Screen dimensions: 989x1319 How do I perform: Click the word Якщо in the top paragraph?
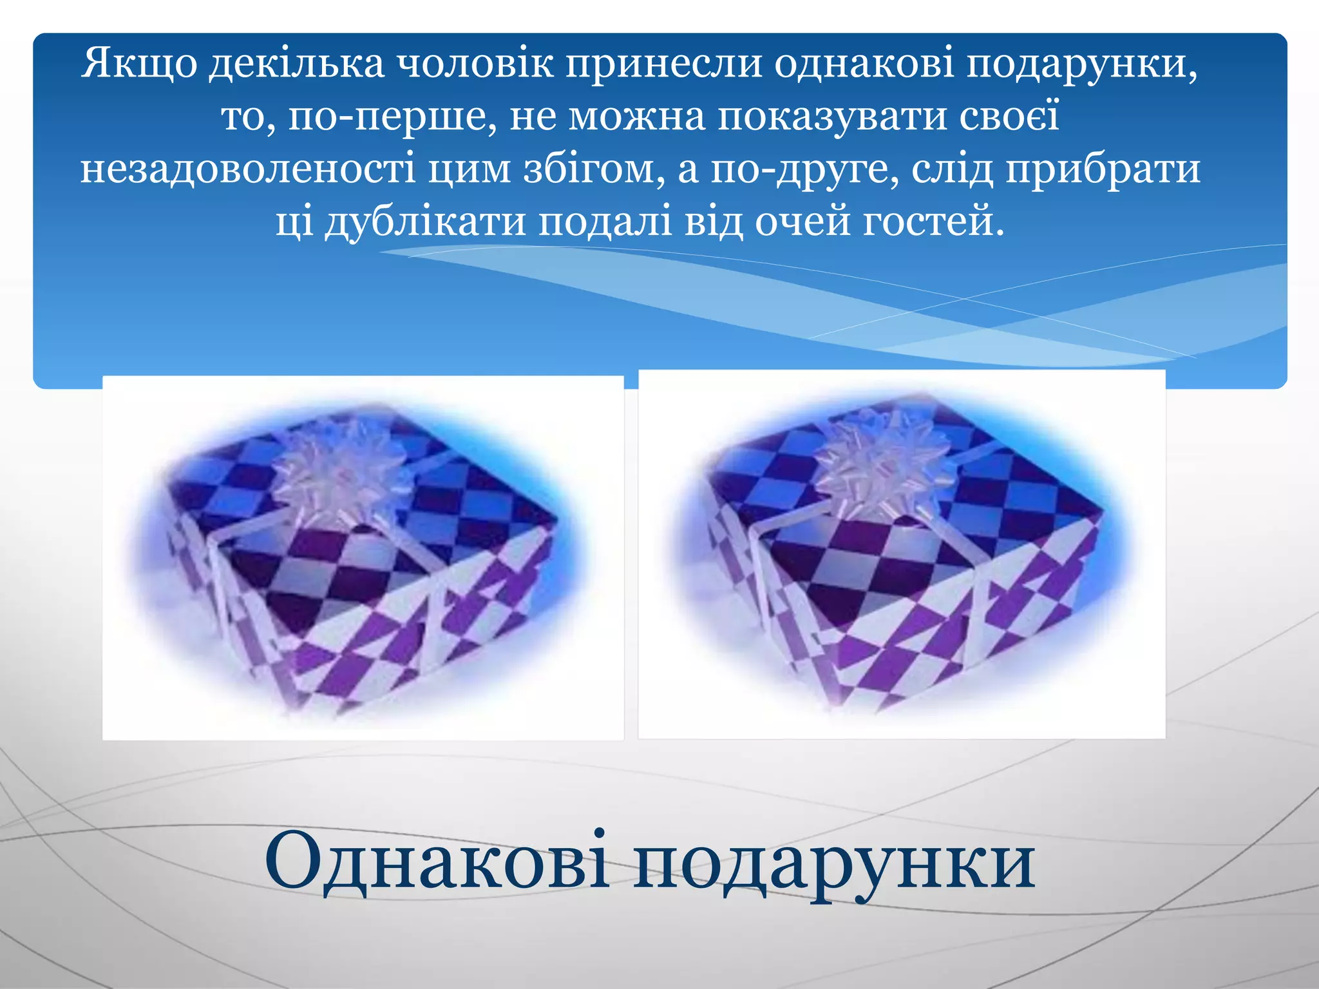(x=138, y=64)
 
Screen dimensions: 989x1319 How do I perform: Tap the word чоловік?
(x=474, y=64)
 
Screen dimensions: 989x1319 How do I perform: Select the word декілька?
(x=296, y=64)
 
